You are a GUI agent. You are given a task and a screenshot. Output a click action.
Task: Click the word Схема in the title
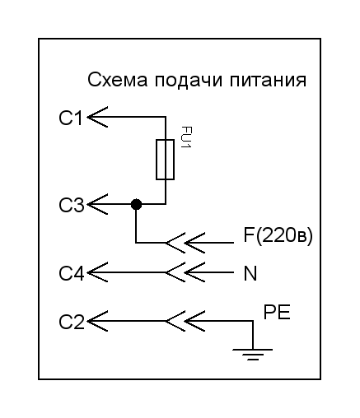click(x=118, y=80)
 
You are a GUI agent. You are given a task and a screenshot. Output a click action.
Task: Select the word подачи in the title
click(x=188, y=81)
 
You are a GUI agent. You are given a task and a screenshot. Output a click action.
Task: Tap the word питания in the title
click(x=268, y=81)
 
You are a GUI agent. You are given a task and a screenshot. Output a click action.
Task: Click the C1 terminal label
click(x=71, y=118)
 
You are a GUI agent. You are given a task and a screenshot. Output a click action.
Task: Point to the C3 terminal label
click(x=72, y=205)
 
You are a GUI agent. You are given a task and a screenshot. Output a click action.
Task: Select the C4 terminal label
click(x=72, y=273)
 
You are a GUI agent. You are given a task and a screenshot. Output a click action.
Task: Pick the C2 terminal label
click(x=72, y=322)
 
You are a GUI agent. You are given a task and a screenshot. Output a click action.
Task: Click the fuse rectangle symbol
click(x=166, y=160)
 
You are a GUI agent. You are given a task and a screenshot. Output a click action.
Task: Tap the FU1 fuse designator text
click(x=186, y=137)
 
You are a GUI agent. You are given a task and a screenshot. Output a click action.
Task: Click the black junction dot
click(x=136, y=204)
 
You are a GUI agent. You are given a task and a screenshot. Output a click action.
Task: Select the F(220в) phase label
click(x=278, y=236)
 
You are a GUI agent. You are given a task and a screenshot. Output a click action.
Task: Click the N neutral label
click(x=250, y=273)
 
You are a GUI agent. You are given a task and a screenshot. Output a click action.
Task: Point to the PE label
click(x=277, y=312)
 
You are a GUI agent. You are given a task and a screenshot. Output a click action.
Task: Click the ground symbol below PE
click(x=253, y=354)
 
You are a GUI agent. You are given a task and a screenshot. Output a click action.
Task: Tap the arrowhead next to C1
click(x=97, y=117)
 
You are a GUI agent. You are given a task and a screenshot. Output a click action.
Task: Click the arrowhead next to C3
click(x=97, y=204)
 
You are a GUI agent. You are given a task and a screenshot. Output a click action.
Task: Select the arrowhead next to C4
click(x=97, y=272)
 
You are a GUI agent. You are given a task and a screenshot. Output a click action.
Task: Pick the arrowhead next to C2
click(x=97, y=321)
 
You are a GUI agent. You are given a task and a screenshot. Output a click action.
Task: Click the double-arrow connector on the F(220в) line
click(x=185, y=243)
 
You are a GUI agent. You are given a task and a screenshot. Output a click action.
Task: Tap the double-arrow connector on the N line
click(x=185, y=272)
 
